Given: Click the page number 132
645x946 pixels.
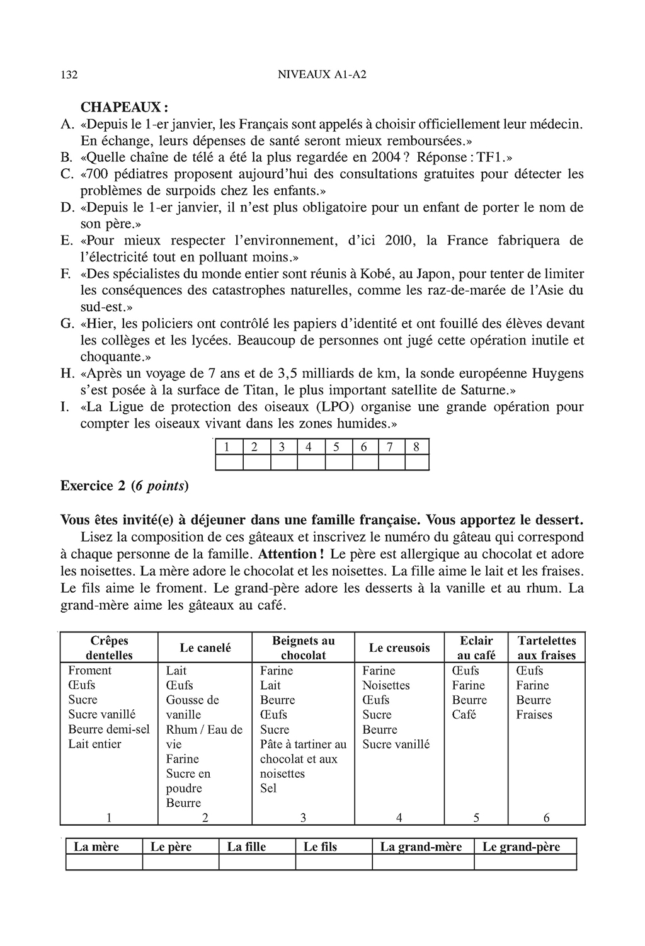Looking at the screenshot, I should click(x=69, y=75).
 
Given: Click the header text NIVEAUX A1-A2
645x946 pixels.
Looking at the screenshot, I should click(x=322, y=74).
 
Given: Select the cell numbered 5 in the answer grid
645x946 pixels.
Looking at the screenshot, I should click(x=337, y=447).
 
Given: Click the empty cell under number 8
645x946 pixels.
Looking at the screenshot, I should click(x=416, y=463).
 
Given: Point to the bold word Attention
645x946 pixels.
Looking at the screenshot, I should click(x=288, y=555).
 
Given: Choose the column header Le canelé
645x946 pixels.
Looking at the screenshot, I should click(x=205, y=648).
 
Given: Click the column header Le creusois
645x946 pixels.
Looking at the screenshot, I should click(x=399, y=648).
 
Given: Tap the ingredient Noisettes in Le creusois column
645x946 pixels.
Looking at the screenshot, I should click(x=385, y=685).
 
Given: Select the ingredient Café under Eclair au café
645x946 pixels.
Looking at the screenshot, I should click(x=464, y=715).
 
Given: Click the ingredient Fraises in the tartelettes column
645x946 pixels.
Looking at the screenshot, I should click(x=534, y=715).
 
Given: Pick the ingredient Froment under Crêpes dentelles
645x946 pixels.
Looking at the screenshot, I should click(x=89, y=671).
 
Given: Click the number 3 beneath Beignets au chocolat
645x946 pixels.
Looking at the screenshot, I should click(x=304, y=818).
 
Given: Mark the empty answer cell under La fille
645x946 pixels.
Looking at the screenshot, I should click(x=257, y=862).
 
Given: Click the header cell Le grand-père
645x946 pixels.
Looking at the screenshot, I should click(x=521, y=847).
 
